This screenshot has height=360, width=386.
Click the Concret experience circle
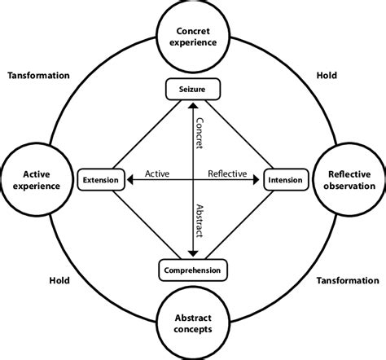pos(192,37)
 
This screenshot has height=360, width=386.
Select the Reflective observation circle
pos(348,180)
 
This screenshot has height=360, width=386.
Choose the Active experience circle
pos(37,180)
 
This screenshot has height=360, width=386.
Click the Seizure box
pos(192,88)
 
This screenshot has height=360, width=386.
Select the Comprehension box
pos(192,270)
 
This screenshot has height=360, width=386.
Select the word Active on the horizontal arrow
pos(156,173)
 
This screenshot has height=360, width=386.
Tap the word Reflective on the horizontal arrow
pos(230,173)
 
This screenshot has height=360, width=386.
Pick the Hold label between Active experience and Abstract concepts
pos(58,280)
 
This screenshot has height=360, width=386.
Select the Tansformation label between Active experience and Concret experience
pos(38,75)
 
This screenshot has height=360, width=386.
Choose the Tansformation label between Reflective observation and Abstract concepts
pos(347,280)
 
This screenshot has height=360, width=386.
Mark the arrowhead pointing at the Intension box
pos(259,180)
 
